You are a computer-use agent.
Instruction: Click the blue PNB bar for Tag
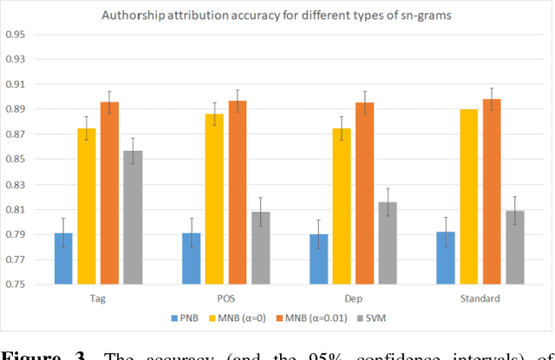point(64,259)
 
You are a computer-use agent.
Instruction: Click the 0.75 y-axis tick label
point(15,285)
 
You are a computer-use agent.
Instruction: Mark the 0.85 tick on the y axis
point(15,160)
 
